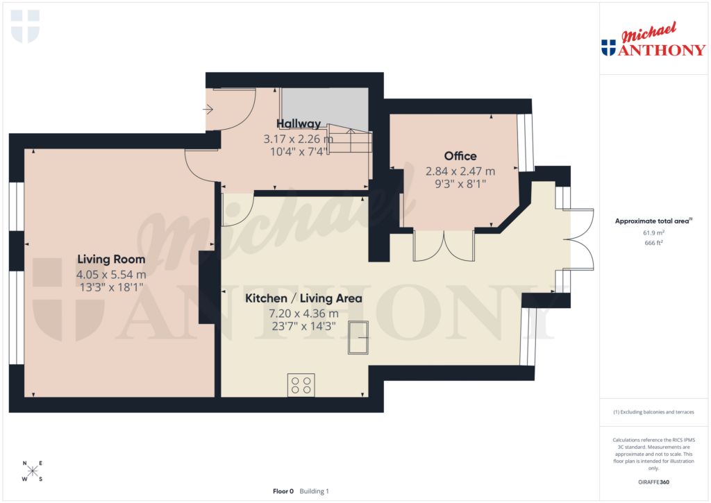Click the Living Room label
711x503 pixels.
click(x=111, y=259)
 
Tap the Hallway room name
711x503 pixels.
click(x=299, y=124)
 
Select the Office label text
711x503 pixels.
click(x=460, y=156)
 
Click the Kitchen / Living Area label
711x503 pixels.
click(x=303, y=298)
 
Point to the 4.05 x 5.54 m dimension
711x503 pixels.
click(x=111, y=275)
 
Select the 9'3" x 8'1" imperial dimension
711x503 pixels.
click(x=460, y=185)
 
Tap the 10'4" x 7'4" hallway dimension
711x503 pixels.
click(x=299, y=152)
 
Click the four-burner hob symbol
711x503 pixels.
click(x=301, y=385)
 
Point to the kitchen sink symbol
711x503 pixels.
click(x=358, y=337)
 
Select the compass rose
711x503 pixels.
click(x=33, y=471)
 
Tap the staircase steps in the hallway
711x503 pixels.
click(x=351, y=142)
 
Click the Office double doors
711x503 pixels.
click(x=443, y=246)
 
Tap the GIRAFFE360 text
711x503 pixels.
click(x=653, y=481)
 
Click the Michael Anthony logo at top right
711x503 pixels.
click(x=653, y=40)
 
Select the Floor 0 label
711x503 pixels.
click(x=283, y=491)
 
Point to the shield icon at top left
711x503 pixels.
click(x=26, y=26)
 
